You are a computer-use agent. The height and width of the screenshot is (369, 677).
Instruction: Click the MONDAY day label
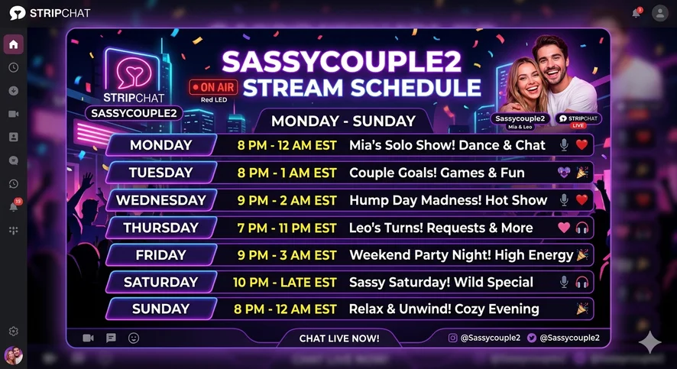pos(161,145)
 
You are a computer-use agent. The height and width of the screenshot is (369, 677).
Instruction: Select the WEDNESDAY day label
pos(161,200)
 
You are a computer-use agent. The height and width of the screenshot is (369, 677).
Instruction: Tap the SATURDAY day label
pos(161,282)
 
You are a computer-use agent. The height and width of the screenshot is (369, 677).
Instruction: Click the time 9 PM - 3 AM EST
pos(287,255)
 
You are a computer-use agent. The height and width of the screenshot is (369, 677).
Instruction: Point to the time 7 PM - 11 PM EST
pos(287,228)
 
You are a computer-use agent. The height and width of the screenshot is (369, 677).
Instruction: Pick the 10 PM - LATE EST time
pos(284,282)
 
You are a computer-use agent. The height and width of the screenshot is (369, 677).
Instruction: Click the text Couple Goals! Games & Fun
pos(437,173)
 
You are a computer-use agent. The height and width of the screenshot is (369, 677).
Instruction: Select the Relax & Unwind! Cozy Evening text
pos(444,309)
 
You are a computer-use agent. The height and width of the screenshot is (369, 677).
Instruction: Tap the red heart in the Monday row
pos(581,144)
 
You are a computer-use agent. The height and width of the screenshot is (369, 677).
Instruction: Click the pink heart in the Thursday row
pos(564,228)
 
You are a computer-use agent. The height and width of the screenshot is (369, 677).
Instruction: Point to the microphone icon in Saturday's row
pos(564,282)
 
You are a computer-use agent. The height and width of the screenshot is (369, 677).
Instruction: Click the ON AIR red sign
pos(214,87)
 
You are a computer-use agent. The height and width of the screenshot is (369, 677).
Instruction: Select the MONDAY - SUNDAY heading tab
pos(344,121)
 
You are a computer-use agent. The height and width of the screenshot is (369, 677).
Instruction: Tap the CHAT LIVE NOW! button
pos(339,338)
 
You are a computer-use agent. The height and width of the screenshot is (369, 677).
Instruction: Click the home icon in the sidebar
pos(14,44)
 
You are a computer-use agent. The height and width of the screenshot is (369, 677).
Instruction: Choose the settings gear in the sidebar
pos(14,331)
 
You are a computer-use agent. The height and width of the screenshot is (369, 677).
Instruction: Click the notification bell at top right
pos(636,14)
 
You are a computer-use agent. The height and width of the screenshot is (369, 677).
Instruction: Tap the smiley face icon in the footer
pos(134,338)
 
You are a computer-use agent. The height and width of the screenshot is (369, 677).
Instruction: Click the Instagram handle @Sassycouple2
pos(484,338)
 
